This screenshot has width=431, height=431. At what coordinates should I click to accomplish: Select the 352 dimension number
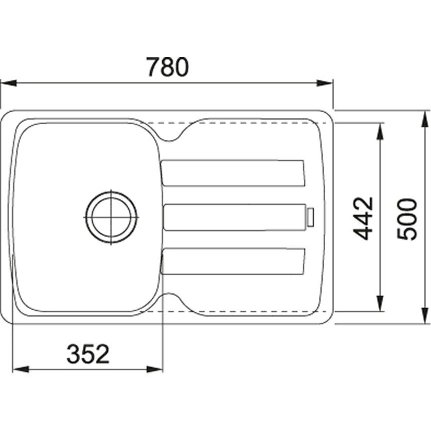pyautogui.click(x=88, y=354)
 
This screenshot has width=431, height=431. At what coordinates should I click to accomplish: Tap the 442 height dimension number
pyautogui.click(x=363, y=218)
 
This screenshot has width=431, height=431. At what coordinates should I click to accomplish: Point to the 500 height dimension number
pyautogui.click(x=406, y=219)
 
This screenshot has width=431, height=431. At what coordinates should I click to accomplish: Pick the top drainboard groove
pyautogui.click(x=233, y=173)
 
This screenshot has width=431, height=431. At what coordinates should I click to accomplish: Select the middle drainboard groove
pyautogui.click(x=235, y=218)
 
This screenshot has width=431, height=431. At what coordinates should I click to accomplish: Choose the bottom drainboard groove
pyautogui.click(x=233, y=261)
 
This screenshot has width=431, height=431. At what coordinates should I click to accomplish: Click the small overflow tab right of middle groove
pyautogui.click(x=311, y=217)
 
